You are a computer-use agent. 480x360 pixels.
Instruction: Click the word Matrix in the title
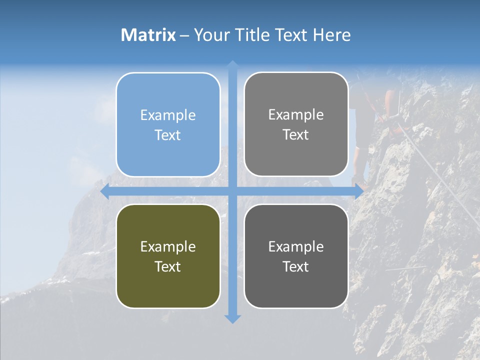(148, 35)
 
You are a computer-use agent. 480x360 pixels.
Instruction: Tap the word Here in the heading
(332, 35)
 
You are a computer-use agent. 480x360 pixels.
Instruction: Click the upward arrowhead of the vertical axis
(232, 65)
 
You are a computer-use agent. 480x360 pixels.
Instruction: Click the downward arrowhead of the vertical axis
(232, 318)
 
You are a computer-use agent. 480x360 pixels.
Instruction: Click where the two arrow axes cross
(232, 191)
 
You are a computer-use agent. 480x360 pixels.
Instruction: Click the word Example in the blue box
(168, 115)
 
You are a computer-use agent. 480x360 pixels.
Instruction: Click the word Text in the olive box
(168, 266)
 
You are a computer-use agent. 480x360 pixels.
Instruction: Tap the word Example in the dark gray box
(296, 246)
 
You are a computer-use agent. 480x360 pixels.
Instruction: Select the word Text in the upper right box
(296, 135)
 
